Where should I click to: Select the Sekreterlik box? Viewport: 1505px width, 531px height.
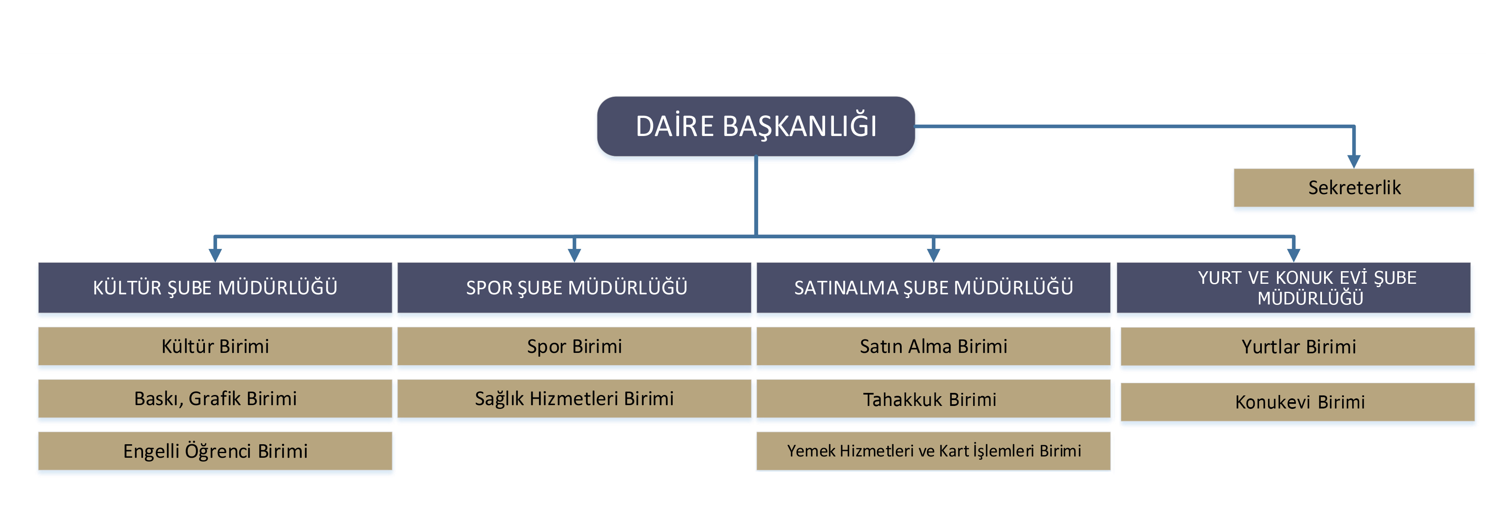point(1354,188)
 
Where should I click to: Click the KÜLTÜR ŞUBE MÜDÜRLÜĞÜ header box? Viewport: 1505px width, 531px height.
point(215,288)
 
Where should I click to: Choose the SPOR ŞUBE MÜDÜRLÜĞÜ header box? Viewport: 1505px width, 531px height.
point(574,288)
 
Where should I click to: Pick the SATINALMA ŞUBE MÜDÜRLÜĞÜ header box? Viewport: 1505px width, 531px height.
point(934,288)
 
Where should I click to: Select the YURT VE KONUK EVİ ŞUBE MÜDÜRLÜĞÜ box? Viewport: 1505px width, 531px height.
point(1293,288)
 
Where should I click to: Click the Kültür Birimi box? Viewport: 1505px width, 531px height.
point(215,346)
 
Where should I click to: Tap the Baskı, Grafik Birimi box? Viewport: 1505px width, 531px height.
point(215,399)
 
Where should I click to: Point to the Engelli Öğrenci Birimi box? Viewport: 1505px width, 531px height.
point(215,451)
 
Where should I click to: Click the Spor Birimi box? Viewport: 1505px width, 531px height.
point(574,346)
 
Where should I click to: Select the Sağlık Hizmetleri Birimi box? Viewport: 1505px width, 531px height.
point(574,399)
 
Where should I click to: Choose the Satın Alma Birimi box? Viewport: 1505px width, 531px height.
point(934,346)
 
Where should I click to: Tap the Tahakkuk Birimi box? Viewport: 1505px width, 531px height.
point(934,399)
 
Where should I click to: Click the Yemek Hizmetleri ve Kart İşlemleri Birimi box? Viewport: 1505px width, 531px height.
point(934,451)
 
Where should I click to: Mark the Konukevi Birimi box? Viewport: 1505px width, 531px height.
point(1298,402)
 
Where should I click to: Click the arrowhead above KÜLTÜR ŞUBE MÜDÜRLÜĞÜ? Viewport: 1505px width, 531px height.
point(215,255)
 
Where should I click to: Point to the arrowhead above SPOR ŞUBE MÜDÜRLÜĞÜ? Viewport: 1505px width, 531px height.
point(574,255)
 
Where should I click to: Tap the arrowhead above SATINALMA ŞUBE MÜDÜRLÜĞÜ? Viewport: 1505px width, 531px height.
point(934,255)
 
